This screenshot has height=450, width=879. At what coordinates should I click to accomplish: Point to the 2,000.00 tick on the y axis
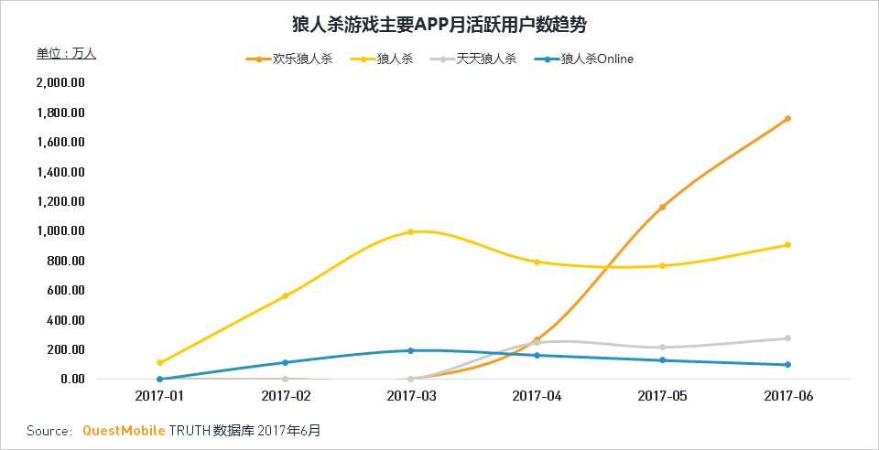(60, 83)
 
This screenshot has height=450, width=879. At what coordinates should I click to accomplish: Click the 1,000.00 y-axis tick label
(60, 231)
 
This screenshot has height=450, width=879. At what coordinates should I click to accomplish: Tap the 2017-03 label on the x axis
(411, 396)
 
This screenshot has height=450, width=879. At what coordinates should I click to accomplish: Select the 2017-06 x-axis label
(787, 396)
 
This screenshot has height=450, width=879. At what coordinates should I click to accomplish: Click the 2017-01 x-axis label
(159, 396)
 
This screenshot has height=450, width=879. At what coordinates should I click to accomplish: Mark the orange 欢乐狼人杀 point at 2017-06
(787, 119)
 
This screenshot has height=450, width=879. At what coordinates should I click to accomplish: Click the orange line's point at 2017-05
(662, 207)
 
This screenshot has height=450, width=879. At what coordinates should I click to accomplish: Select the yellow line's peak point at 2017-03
(410, 231)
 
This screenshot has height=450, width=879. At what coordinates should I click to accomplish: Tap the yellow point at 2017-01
(159, 363)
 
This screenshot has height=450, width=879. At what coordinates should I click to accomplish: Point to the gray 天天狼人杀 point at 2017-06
(787, 338)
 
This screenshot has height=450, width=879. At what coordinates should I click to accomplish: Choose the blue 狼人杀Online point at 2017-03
(410, 350)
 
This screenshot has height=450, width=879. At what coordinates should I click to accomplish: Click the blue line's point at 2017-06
(787, 365)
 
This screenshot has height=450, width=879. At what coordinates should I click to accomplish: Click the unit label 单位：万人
(66, 54)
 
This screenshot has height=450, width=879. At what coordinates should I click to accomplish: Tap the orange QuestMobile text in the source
(124, 430)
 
